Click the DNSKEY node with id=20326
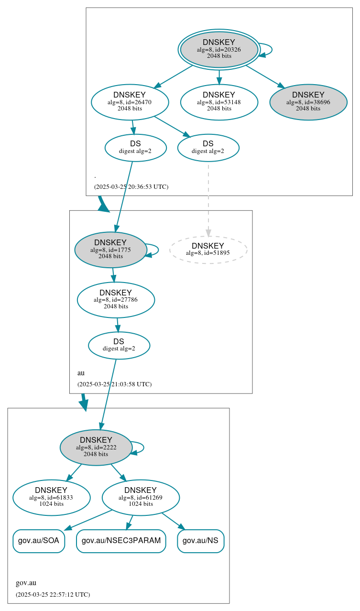[219, 49]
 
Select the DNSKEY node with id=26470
[130, 102]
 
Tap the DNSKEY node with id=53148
[219, 102]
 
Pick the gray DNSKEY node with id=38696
[308, 102]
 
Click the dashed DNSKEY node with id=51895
[208, 250]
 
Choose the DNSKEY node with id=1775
[110, 250]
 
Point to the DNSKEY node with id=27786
[116, 300]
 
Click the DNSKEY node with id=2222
[96, 447]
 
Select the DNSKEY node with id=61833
[52, 498]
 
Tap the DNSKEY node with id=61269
[141, 498]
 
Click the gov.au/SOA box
[39, 541]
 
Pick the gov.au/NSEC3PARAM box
[121, 541]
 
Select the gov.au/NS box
[201, 541]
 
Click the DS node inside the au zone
[119, 345]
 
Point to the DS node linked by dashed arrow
[208, 148]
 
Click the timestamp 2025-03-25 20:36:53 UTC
[131, 187]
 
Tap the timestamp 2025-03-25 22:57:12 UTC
[53, 595]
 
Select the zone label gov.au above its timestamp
[26, 583]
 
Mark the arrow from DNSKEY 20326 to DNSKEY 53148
[219, 77]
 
